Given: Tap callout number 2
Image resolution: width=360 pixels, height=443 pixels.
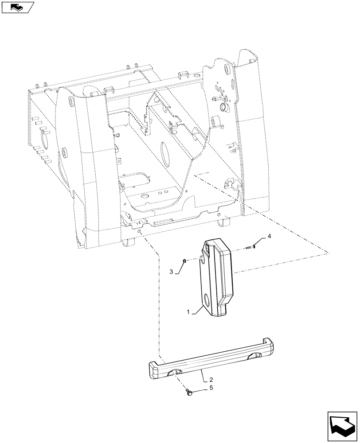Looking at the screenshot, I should (x=211, y=380).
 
